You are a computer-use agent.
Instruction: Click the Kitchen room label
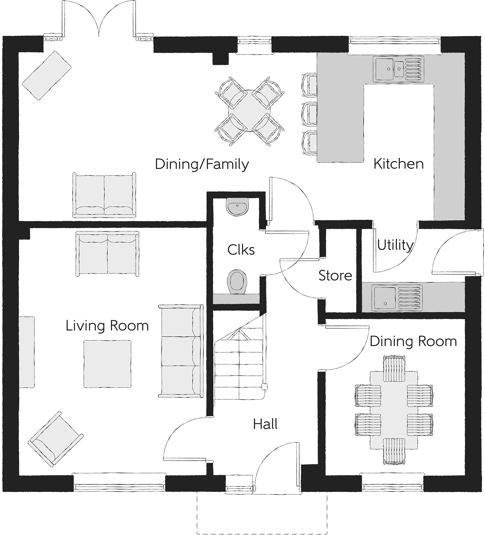(x=398, y=164)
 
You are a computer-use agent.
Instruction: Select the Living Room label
(x=107, y=326)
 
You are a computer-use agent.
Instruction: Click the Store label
(x=335, y=276)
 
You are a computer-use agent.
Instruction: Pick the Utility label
(x=395, y=245)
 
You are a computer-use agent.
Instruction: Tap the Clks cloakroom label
(x=241, y=250)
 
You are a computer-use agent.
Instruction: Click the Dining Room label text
(x=413, y=341)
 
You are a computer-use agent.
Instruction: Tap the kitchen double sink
(x=398, y=69)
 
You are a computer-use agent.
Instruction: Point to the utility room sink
(x=397, y=298)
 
